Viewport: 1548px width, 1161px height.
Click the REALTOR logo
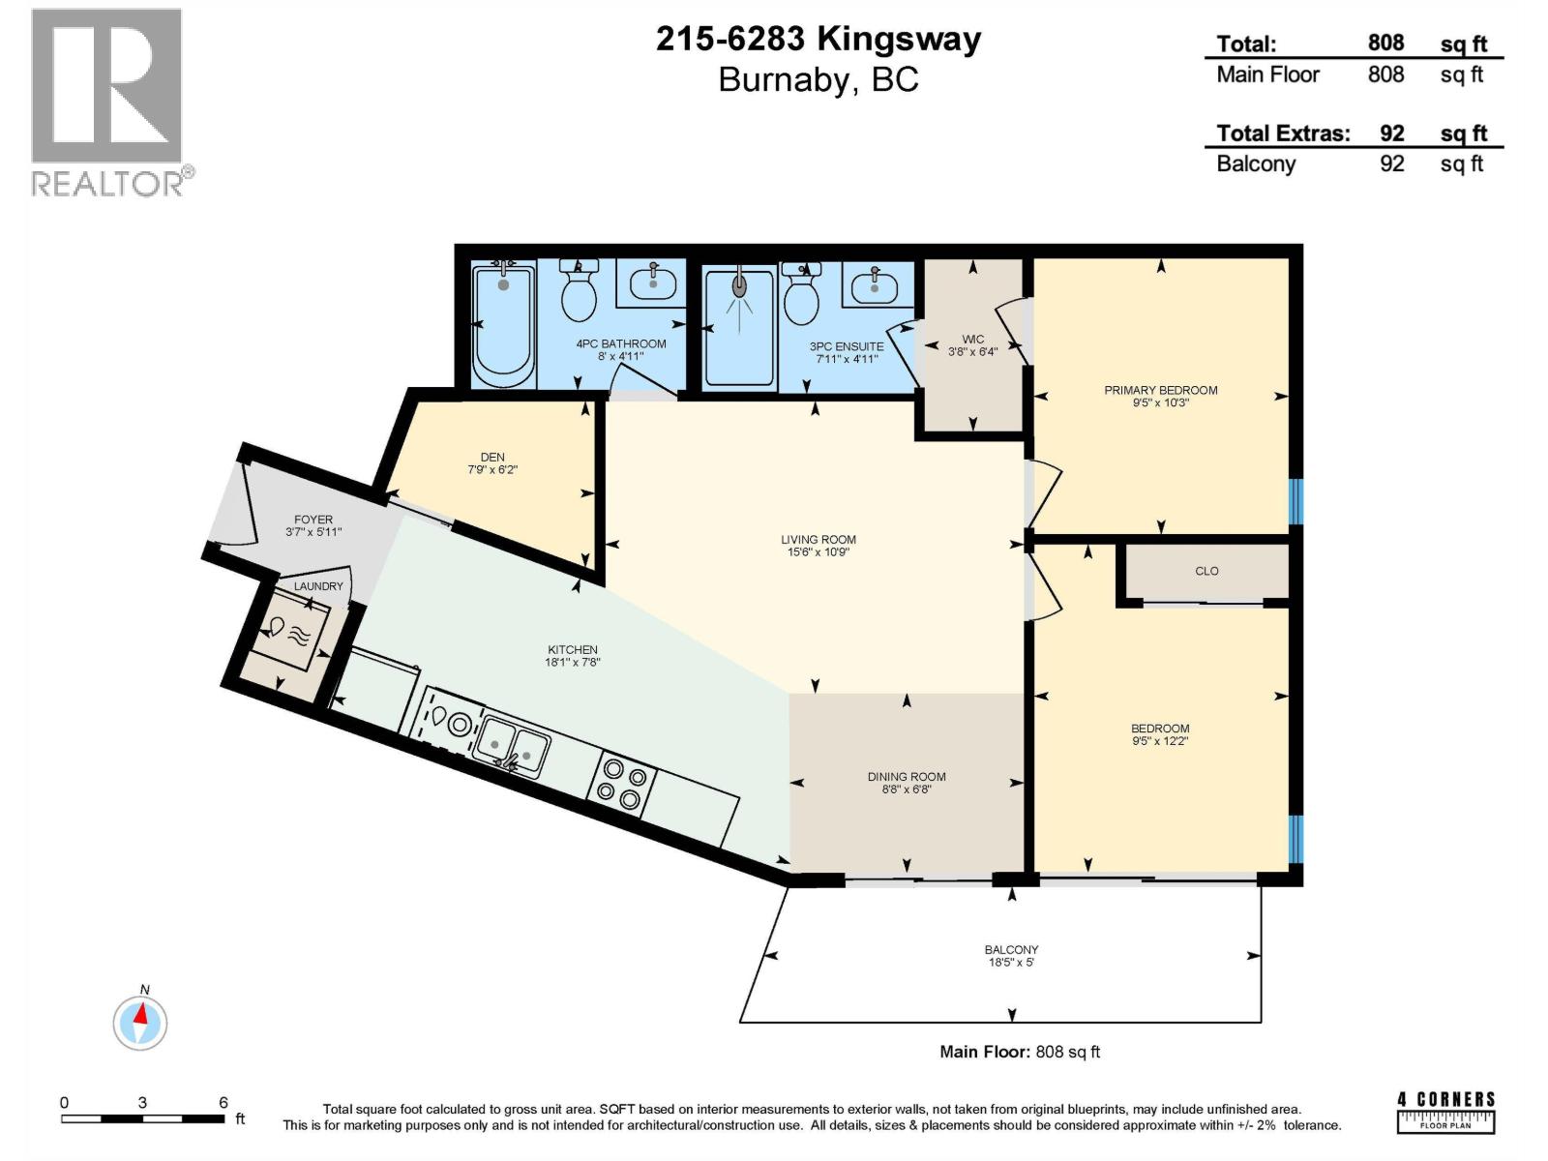(108, 103)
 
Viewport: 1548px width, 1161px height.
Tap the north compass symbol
(140, 1022)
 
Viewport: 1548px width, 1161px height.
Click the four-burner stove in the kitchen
(621, 783)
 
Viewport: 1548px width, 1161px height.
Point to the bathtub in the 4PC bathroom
(503, 326)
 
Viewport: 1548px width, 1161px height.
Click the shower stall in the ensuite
(740, 327)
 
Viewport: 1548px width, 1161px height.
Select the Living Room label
(819, 540)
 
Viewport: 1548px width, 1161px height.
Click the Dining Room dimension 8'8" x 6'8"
(907, 789)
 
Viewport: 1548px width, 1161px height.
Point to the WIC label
(972, 339)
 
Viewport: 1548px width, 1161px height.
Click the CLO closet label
(1206, 571)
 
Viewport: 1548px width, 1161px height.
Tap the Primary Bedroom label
(1160, 390)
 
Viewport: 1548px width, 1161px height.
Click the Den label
(492, 457)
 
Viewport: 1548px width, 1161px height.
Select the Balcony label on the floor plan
(1011, 950)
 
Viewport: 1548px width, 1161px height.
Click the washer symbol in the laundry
(290, 631)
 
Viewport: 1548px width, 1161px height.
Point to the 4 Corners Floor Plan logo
(1445, 1111)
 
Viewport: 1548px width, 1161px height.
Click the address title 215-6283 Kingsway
(819, 39)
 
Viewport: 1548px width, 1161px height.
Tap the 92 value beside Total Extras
(1391, 134)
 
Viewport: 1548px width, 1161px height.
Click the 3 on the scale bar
(142, 1102)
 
